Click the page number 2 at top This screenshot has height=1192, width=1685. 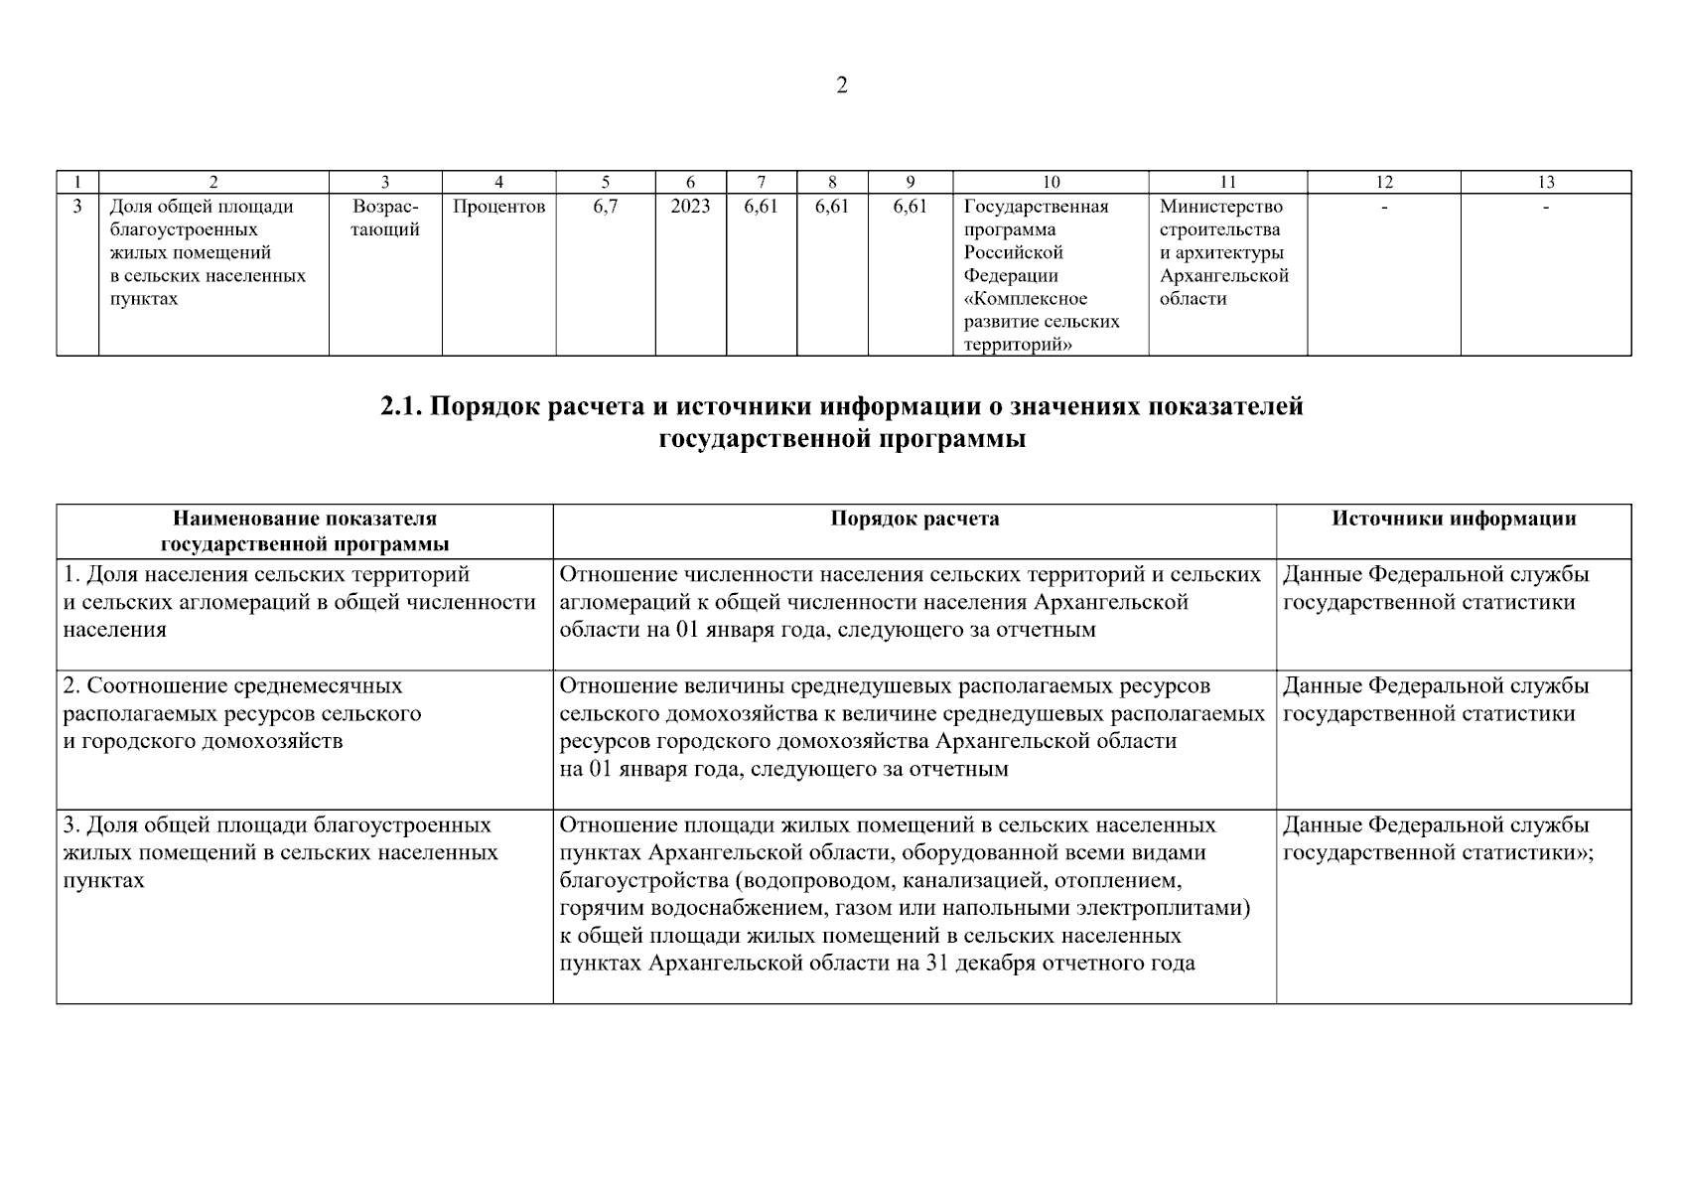(842, 86)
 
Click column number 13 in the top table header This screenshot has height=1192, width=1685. (1545, 182)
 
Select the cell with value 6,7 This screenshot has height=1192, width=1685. (605, 207)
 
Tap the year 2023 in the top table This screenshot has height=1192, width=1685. (690, 207)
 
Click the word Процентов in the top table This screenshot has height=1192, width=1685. (498, 207)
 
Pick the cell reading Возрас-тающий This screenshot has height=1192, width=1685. (385, 219)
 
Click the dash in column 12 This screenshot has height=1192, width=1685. (1383, 207)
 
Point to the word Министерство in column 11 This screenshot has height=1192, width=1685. (1220, 207)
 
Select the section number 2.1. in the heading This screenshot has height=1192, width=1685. (402, 407)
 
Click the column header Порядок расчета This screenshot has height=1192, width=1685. (914, 519)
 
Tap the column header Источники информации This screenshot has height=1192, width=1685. (1454, 519)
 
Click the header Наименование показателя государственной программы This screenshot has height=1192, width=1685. (305, 531)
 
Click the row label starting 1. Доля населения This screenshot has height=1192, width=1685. (266, 575)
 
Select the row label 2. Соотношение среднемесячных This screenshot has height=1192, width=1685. (233, 686)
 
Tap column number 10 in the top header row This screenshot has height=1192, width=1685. (1051, 182)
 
